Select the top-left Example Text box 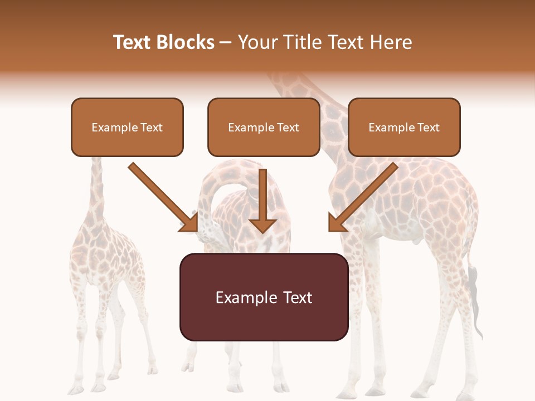tap(127, 128)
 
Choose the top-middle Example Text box tap(264, 128)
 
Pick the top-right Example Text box tap(404, 128)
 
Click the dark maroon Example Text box tap(264, 297)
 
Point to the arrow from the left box tap(162, 195)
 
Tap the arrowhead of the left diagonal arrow tap(189, 223)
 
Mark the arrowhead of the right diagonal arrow tap(337, 223)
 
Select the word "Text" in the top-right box tap(428, 128)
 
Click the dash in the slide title tap(226, 42)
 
